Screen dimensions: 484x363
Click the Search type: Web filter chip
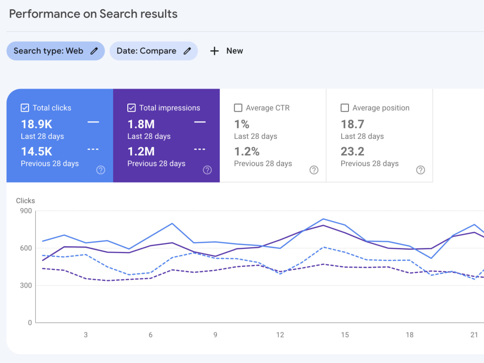pyautogui.click(x=56, y=51)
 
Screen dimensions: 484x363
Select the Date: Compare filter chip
pyautogui.click(x=154, y=51)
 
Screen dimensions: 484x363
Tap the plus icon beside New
pyautogui.click(x=214, y=51)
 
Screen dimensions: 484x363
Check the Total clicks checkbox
pyautogui.click(x=25, y=108)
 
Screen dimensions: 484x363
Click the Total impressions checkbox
pyautogui.click(x=132, y=108)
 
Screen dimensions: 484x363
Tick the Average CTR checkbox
pyautogui.click(x=238, y=108)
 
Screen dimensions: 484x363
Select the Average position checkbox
pyautogui.click(x=345, y=108)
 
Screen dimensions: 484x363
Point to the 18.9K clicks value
pyautogui.click(x=37, y=124)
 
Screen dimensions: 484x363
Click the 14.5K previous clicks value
pyautogui.click(x=37, y=151)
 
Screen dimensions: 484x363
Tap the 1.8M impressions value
pyautogui.click(x=141, y=124)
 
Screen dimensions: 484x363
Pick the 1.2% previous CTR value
pyautogui.click(x=247, y=151)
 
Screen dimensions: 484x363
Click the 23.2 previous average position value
pyautogui.click(x=352, y=151)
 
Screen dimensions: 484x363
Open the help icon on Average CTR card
pyautogui.click(x=314, y=170)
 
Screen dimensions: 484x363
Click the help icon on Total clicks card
pyautogui.click(x=101, y=170)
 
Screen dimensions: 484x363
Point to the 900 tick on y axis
pyautogui.click(x=26, y=211)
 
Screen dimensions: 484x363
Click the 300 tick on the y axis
pyautogui.click(x=26, y=286)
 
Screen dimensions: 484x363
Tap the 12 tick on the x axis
pyautogui.click(x=280, y=335)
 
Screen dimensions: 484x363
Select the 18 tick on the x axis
pyautogui.click(x=409, y=335)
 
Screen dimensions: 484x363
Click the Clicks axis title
pyautogui.click(x=25, y=201)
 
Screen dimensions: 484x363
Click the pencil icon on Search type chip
pyautogui.click(x=94, y=51)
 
